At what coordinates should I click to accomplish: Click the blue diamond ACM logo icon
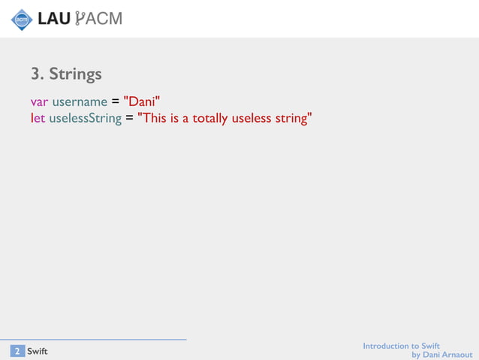(x=21, y=19)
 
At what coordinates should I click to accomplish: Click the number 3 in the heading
(x=35, y=74)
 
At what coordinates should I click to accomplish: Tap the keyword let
(x=38, y=118)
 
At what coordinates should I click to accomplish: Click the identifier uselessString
(x=85, y=118)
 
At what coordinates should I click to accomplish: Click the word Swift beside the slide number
(x=38, y=351)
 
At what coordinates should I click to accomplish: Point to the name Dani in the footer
(x=430, y=355)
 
